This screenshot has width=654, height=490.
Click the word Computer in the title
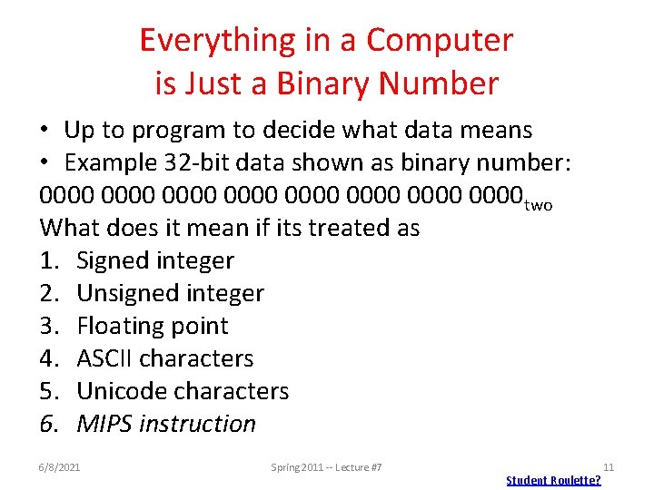coord(440,40)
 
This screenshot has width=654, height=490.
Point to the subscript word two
coord(538,205)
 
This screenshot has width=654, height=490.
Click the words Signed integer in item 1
coord(155,260)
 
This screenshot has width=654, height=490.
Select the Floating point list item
coord(153,326)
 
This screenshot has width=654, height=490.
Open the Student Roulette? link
coord(553,480)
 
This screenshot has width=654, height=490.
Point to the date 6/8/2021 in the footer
coord(60,467)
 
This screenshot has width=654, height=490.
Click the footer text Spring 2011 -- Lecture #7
coord(326,467)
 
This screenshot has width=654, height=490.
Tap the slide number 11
coord(609,467)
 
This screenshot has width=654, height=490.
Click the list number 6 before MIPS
coord(46,424)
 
